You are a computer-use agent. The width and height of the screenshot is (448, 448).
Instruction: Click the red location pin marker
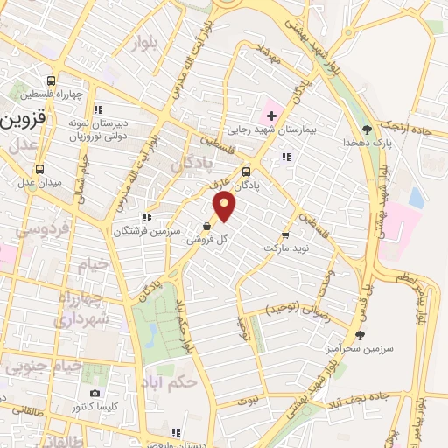[x=225, y=206]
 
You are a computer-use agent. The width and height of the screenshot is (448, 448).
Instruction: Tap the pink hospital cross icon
[x=271, y=115]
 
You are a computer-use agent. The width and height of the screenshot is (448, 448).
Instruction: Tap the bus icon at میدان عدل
[x=38, y=169]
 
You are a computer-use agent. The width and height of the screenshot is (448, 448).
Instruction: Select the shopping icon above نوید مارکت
[x=285, y=236]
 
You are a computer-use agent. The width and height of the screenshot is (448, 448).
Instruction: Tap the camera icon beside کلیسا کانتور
[x=94, y=393]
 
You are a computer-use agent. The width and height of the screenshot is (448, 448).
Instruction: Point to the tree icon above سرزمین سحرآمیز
[x=360, y=335]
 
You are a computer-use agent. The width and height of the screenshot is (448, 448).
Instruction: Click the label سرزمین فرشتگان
[x=146, y=230]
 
